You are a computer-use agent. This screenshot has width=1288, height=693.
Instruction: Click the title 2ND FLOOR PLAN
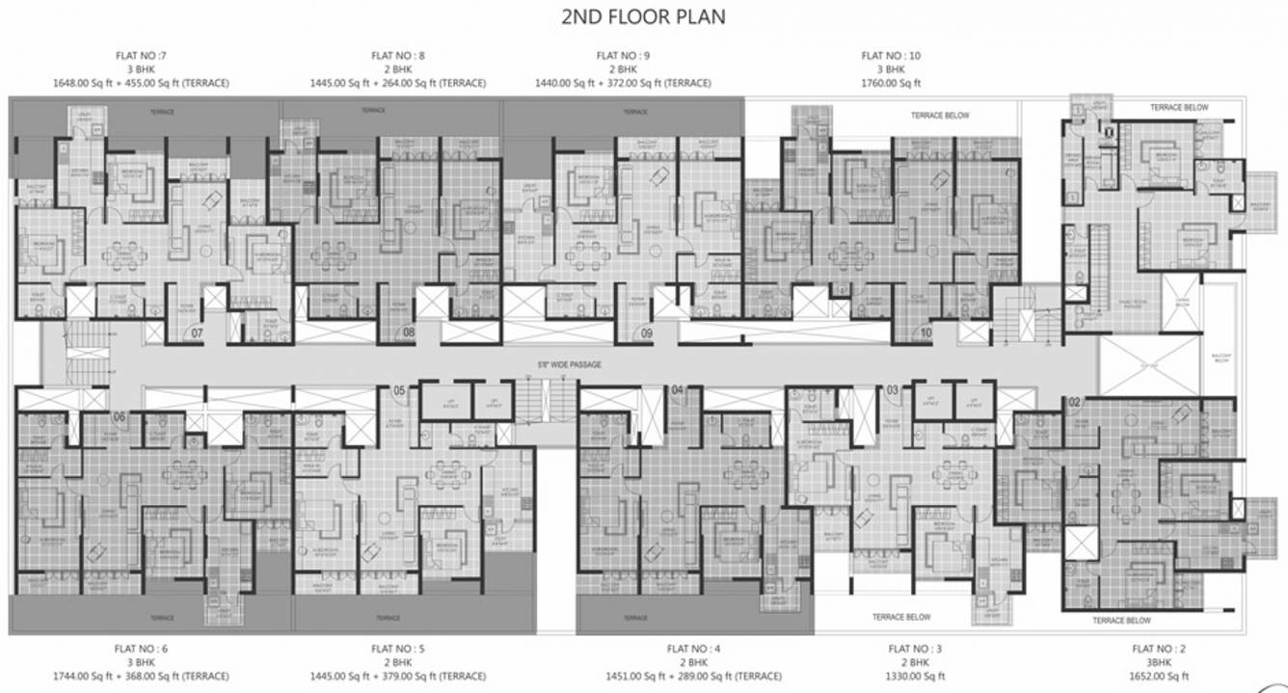[643, 17]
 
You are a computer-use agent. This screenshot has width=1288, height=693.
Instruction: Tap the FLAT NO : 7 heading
[141, 56]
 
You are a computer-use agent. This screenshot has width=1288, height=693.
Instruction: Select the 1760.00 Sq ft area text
[891, 83]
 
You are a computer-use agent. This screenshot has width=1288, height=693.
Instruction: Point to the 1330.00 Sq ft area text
[908, 676]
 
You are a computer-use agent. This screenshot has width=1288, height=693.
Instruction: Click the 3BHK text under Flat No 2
[1160, 662]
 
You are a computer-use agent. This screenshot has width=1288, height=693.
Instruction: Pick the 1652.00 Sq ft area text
[1160, 676]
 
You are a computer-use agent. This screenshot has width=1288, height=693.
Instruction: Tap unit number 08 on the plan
[409, 333]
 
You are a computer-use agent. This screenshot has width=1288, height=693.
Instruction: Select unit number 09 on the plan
[647, 333]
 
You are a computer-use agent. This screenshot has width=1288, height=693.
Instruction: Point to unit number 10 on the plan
[926, 333]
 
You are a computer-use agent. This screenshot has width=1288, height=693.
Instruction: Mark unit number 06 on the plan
[120, 416]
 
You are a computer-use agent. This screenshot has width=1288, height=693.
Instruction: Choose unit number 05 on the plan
[399, 390]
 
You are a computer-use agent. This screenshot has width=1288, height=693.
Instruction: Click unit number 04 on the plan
[677, 390]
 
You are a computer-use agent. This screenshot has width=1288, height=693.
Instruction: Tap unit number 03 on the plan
[892, 390]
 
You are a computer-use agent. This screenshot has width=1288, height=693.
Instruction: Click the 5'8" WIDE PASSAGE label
[569, 365]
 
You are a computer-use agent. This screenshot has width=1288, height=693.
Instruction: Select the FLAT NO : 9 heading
[623, 56]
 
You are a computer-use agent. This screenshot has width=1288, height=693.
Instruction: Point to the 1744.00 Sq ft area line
[141, 676]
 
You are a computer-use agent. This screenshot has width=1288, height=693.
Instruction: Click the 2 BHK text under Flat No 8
[397, 69]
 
